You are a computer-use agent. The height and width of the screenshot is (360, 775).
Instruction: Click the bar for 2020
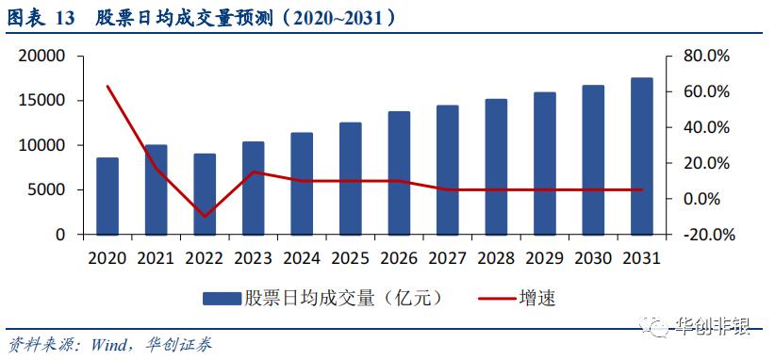(x=107, y=196)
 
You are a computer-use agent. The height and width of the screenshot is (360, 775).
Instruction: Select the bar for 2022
(x=205, y=194)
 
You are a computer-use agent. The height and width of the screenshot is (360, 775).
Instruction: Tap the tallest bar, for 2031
(x=641, y=156)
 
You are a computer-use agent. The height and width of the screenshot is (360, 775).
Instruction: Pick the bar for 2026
(x=399, y=173)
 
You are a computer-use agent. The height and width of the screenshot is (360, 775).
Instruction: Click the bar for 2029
(x=544, y=163)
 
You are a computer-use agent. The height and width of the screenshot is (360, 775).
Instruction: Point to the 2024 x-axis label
(x=302, y=257)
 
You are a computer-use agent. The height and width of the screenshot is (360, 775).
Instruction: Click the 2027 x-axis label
(x=448, y=257)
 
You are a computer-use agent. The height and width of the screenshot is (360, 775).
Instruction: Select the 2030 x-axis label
(x=593, y=257)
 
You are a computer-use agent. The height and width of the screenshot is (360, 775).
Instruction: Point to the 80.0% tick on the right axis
(x=706, y=57)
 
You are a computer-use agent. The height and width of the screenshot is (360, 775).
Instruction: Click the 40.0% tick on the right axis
(x=706, y=127)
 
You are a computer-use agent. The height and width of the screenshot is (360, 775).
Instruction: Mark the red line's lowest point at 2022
(x=205, y=217)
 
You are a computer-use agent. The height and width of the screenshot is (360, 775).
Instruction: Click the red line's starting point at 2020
(x=107, y=87)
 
